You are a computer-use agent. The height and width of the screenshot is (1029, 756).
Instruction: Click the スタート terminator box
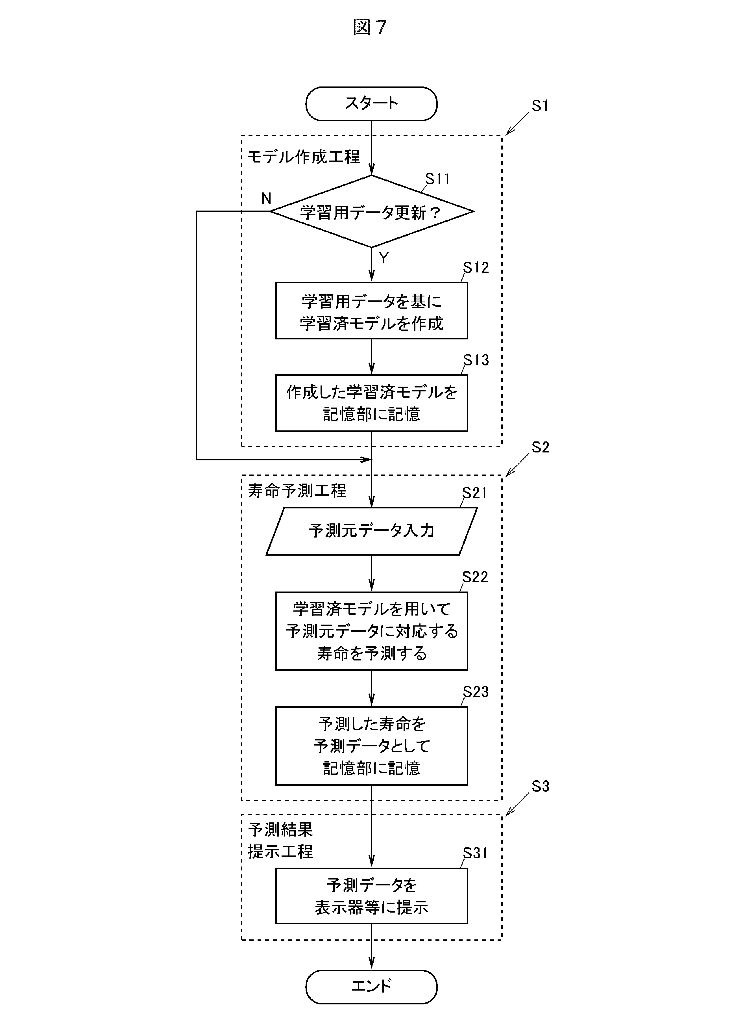tap(371, 103)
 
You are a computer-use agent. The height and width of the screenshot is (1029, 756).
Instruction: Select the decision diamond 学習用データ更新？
tap(371, 212)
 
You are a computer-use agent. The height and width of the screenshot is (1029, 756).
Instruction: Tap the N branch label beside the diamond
tap(266, 198)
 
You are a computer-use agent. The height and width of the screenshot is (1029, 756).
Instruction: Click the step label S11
tap(437, 179)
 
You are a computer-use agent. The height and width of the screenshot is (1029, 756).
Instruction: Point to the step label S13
tap(476, 360)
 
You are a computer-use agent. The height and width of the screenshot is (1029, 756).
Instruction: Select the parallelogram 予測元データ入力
tap(371, 531)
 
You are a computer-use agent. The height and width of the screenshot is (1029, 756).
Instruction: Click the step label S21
tap(474, 493)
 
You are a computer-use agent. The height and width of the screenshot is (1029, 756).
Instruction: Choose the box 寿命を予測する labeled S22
tap(371, 631)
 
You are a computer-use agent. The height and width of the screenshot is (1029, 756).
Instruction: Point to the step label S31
tap(475, 853)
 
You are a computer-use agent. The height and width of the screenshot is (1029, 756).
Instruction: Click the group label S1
tap(540, 106)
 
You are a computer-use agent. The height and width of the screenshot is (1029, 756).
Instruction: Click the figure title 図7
tap(370, 27)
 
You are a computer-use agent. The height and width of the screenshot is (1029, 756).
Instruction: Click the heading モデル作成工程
tap(303, 157)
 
